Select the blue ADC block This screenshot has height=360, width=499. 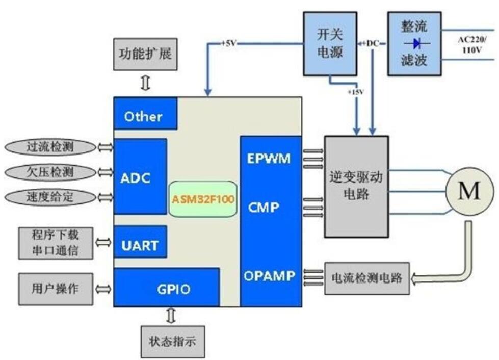coord(140,176)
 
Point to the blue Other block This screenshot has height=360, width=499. coord(145,115)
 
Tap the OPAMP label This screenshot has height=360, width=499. coord(269,276)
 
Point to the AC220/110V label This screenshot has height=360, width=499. coord(472,45)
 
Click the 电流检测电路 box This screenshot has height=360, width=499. coord(366,278)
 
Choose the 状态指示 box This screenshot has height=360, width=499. coord(172,341)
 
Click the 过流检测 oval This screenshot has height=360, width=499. coord(50,148)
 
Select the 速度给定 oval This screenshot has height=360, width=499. coord(50,196)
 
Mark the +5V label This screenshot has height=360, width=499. coord(228,43)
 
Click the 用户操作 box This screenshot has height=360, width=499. coord(56,288)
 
